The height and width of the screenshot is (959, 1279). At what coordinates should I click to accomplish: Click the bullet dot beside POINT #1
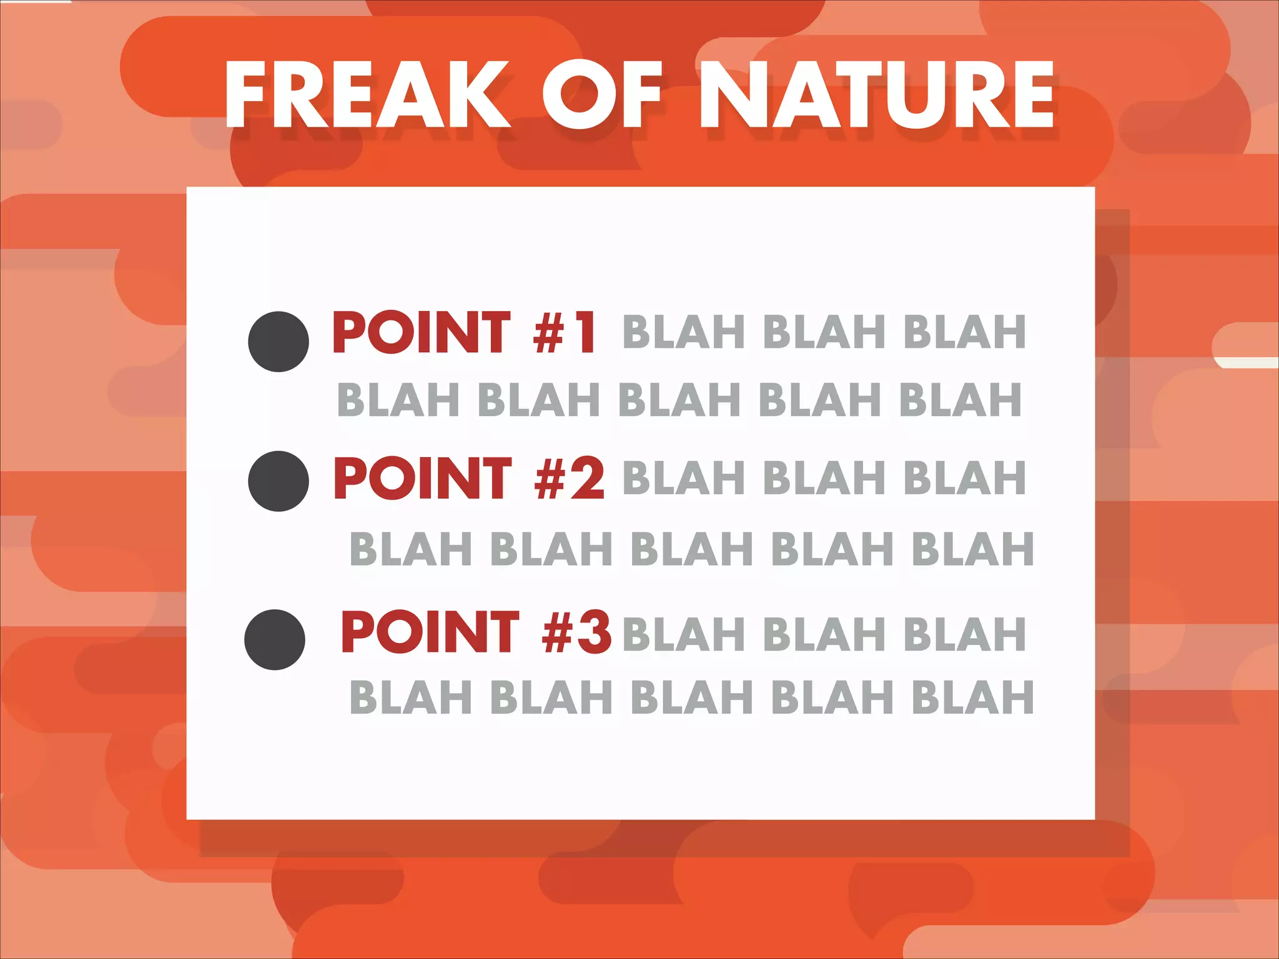(279, 342)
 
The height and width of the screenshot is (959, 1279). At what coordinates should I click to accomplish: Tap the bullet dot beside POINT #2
(279, 481)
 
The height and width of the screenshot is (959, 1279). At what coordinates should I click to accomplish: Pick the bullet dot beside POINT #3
(275, 639)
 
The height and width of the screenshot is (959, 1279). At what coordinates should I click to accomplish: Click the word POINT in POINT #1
(422, 332)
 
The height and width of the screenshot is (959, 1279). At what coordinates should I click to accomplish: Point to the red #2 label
(569, 478)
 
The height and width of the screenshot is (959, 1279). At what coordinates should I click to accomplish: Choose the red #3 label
(576, 632)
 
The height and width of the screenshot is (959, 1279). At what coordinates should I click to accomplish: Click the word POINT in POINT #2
(423, 478)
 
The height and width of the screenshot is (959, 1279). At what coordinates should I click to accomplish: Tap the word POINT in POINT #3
(430, 632)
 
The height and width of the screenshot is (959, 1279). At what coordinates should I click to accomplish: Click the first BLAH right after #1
(683, 332)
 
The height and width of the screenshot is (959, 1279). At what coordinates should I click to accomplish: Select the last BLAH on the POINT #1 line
(965, 332)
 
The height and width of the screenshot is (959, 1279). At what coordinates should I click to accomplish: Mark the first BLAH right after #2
(683, 478)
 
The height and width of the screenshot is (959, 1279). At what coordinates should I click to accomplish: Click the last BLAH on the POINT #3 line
(965, 634)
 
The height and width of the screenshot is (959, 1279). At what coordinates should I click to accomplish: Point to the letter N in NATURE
(734, 95)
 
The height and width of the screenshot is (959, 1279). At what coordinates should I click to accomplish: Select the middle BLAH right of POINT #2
(824, 478)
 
